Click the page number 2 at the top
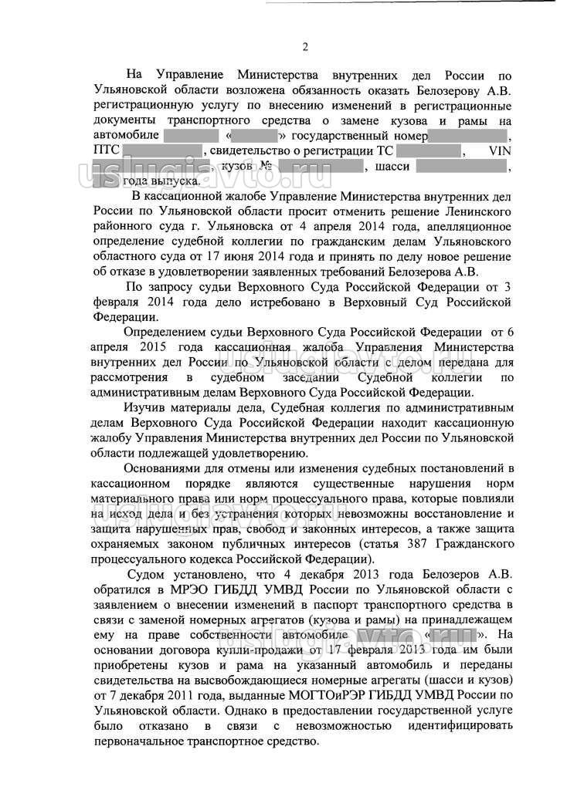point(304,47)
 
